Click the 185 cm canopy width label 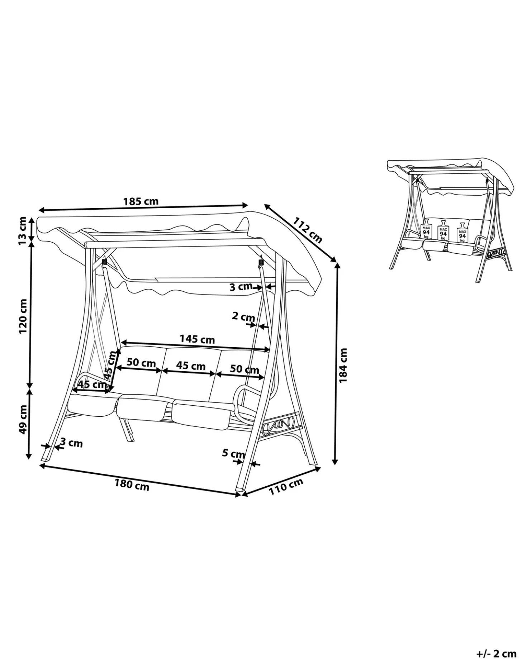point(141,201)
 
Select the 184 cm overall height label point(343,365)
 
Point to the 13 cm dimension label point(23,231)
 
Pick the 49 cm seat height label point(23,419)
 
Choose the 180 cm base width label point(132,485)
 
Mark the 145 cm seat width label point(197,339)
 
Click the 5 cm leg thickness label point(233,454)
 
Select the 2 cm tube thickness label point(243,316)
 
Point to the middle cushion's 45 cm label point(191,366)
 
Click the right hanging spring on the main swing point(260,262)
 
